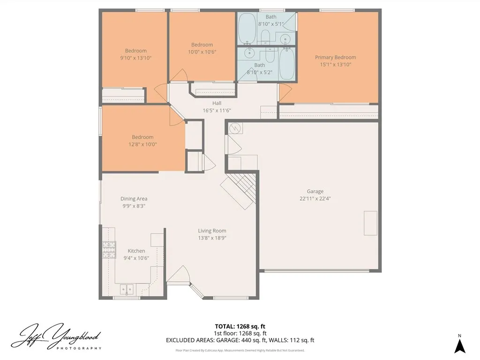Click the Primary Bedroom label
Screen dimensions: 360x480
335,57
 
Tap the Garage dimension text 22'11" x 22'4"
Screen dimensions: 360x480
315,198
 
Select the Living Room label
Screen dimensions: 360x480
212,231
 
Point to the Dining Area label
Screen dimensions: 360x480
134,199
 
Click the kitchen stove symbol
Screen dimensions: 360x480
109,250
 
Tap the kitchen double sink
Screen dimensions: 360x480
127,289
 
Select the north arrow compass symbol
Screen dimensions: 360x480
460,345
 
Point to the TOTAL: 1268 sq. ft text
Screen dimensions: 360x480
240,326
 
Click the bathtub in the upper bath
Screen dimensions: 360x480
247,28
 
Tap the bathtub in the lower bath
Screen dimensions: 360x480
286,64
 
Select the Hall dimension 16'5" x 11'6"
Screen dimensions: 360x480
217,111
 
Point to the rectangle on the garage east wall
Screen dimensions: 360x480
370,223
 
